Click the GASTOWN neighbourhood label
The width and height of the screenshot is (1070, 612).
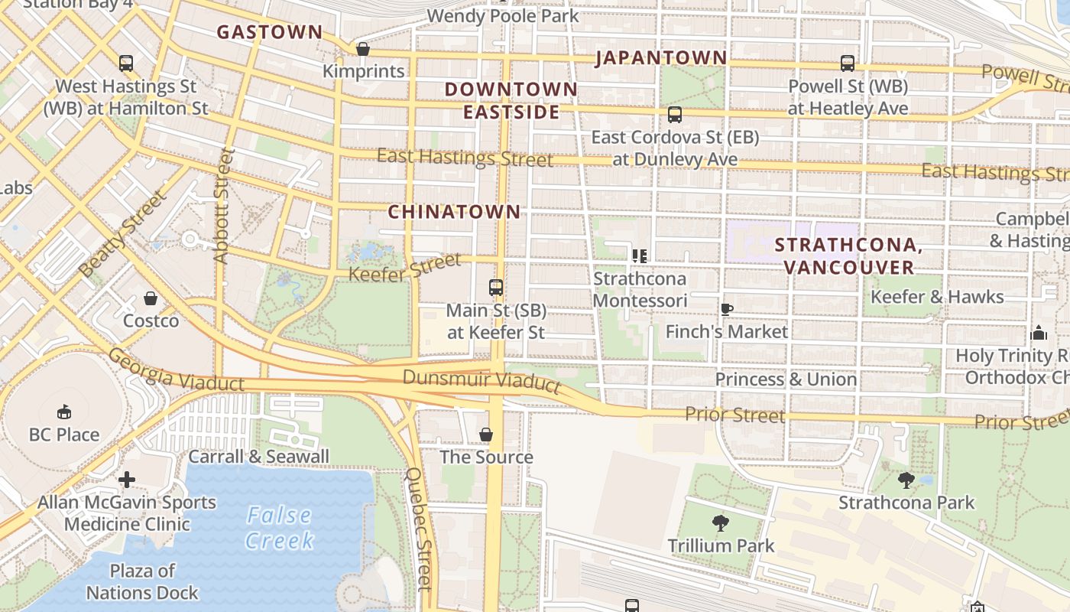(270, 32)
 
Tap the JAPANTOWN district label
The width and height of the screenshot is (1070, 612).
(661, 57)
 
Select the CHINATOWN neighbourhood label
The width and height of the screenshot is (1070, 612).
(454, 212)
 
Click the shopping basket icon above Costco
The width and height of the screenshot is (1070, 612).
(151, 298)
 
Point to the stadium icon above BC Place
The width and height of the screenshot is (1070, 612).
(64, 412)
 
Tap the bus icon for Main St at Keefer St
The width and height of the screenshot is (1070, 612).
(496, 288)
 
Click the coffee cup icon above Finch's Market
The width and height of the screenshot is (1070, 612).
(726, 309)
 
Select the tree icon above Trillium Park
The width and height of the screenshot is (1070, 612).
(720, 523)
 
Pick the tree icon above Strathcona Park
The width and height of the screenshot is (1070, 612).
(906, 480)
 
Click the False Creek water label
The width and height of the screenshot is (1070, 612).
(280, 528)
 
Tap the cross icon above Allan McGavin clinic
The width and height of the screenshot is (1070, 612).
(127, 480)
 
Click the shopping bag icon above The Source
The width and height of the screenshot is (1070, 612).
(486, 435)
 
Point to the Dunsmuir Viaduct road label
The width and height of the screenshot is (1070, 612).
(481, 380)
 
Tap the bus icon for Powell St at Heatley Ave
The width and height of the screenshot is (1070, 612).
(848, 63)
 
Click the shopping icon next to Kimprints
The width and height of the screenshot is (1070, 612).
(363, 49)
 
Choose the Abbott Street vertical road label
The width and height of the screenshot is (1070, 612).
(222, 207)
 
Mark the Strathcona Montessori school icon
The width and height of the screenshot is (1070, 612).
(640, 256)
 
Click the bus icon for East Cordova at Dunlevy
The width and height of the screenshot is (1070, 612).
(675, 115)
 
